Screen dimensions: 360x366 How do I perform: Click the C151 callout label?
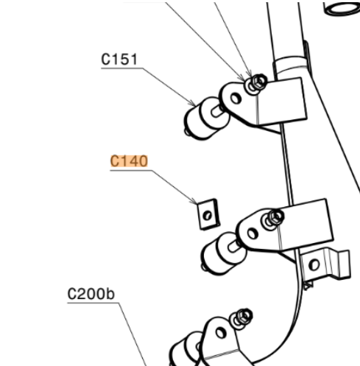coord(119,60)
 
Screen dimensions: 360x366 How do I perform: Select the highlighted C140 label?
coord(129,161)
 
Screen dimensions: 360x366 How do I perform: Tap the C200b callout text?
coord(91,294)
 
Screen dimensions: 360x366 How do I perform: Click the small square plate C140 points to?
coord(208,214)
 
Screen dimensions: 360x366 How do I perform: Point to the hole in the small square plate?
coord(208,216)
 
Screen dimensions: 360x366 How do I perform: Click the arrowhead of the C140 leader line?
coord(194,202)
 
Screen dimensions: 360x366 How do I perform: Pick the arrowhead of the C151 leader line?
coord(193,102)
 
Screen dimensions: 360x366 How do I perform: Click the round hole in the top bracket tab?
coord(236,99)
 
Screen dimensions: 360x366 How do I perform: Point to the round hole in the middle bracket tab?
coord(253,233)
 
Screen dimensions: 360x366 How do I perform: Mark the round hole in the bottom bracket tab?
coord(221,333)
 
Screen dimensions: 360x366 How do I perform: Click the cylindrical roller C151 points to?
coord(207,119)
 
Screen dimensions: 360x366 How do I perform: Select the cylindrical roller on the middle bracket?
coord(223,253)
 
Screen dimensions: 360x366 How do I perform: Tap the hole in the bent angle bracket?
coord(314,264)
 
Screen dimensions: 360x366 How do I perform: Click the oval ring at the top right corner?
coord(342,9)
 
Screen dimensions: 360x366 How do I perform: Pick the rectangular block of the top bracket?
coord(282,101)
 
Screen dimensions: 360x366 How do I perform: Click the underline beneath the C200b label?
coord(93,303)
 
